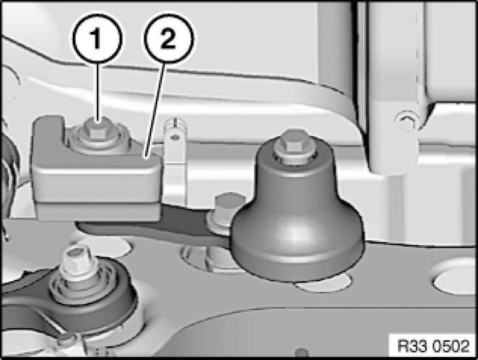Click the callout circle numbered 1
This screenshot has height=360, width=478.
coord(97,39)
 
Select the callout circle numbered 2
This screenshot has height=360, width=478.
coord(169,39)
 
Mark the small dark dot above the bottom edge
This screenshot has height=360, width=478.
coord(302,352)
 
